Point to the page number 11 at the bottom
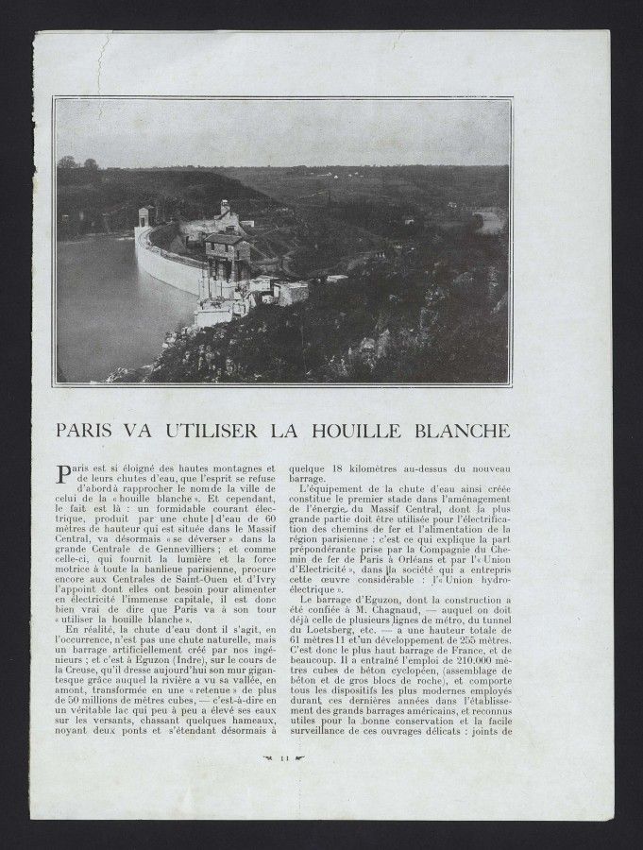(283, 757)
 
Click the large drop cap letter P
(63, 473)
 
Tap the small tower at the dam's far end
(144, 217)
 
